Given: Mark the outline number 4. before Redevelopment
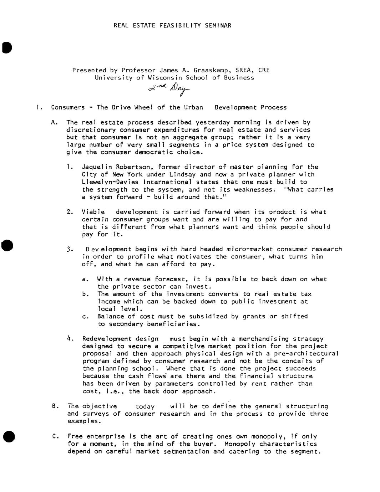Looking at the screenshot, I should point(70,338).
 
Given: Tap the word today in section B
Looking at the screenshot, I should point(145,406).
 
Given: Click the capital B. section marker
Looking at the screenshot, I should point(55,406).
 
